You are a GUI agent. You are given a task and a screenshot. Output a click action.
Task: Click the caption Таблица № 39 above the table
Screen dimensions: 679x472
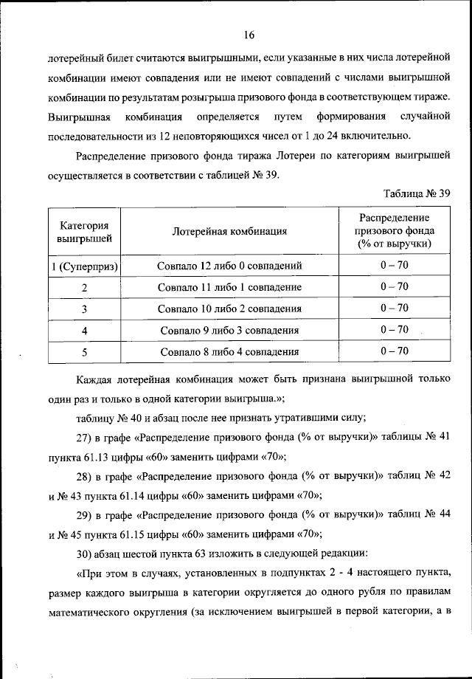pyautogui.click(x=417, y=193)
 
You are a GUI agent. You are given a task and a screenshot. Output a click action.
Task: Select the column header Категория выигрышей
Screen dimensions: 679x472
pyautogui.click(x=84, y=231)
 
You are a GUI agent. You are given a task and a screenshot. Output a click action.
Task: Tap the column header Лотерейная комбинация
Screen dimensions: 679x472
pyautogui.click(x=229, y=232)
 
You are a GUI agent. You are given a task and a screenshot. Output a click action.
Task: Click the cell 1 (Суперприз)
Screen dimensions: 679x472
pyautogui.click(x=85, y=265)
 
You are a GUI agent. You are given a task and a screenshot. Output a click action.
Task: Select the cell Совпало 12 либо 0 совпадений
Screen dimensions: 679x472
pyautogui.click(x=229, y=265)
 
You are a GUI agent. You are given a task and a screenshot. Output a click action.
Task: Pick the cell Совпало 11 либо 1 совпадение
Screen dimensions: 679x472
pyautogui.click(x=229, y=287)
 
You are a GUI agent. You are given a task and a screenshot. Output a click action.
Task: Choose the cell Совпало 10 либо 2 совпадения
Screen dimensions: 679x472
pyautogui.click(x=229, y=309)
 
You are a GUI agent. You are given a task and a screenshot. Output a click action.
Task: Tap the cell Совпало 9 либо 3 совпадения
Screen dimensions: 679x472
pyautogui.click(x=229, y=330)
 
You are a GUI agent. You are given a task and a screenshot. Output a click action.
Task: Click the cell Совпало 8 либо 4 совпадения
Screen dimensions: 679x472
pyautogui.click(x=229, y=352)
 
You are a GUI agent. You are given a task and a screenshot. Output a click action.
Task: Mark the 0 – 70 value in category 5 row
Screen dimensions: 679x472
pyautogui.click(x=394, y=351)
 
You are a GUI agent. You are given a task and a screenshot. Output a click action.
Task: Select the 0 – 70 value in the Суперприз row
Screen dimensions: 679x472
pyautogui.click(x=394, y=264)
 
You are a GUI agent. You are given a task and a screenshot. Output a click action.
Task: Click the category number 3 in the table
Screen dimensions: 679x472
pyautogui.click(x=85, y=309)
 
